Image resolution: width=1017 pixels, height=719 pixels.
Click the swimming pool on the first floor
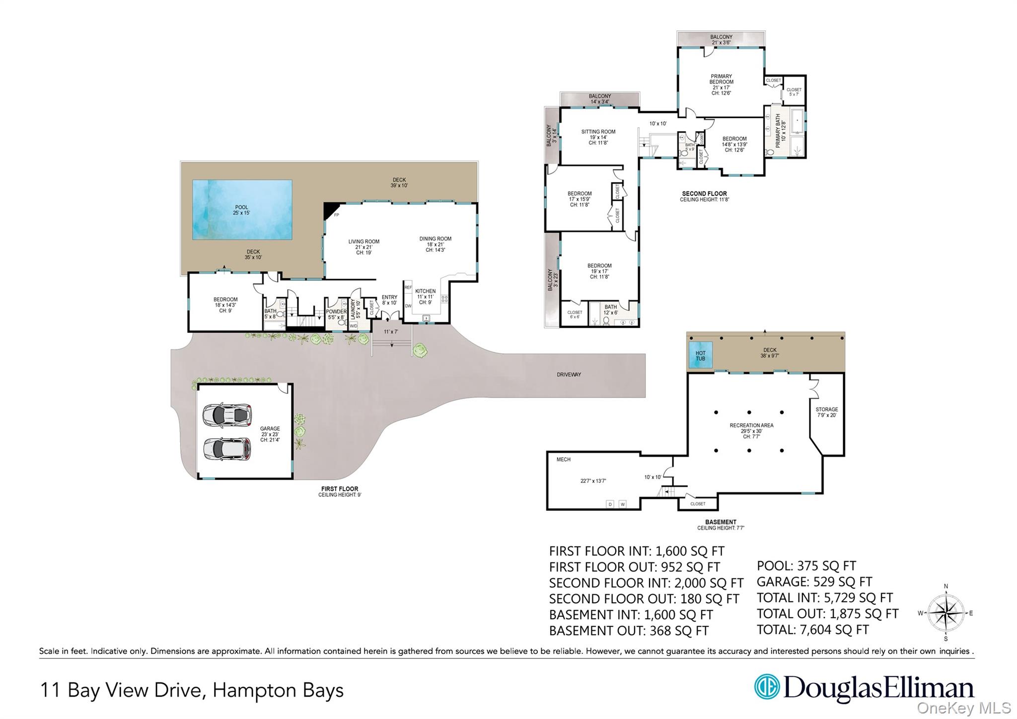click(x=242, y=210)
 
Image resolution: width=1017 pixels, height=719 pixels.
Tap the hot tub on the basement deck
click(x=700, y=355)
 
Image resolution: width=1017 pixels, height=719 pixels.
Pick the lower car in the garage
click(x=227, y=449)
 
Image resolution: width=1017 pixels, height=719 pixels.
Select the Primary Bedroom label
click(x=721, y=79)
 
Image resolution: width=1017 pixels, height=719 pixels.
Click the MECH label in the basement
click(x=563, y=460)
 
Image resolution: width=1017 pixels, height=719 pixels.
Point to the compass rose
click(x=945, y=613)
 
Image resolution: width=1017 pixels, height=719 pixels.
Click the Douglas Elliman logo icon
click(x=766, y=687)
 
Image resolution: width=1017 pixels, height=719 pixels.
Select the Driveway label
click(x=569, y=375)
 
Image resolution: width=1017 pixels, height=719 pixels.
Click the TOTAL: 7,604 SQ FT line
click(x=812, y=630)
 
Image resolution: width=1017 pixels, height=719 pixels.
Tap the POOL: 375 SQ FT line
click(x=806, y=566)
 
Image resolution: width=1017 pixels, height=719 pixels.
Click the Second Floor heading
click(x=704, y=194)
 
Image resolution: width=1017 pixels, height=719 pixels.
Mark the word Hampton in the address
click(x=247, y=690)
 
